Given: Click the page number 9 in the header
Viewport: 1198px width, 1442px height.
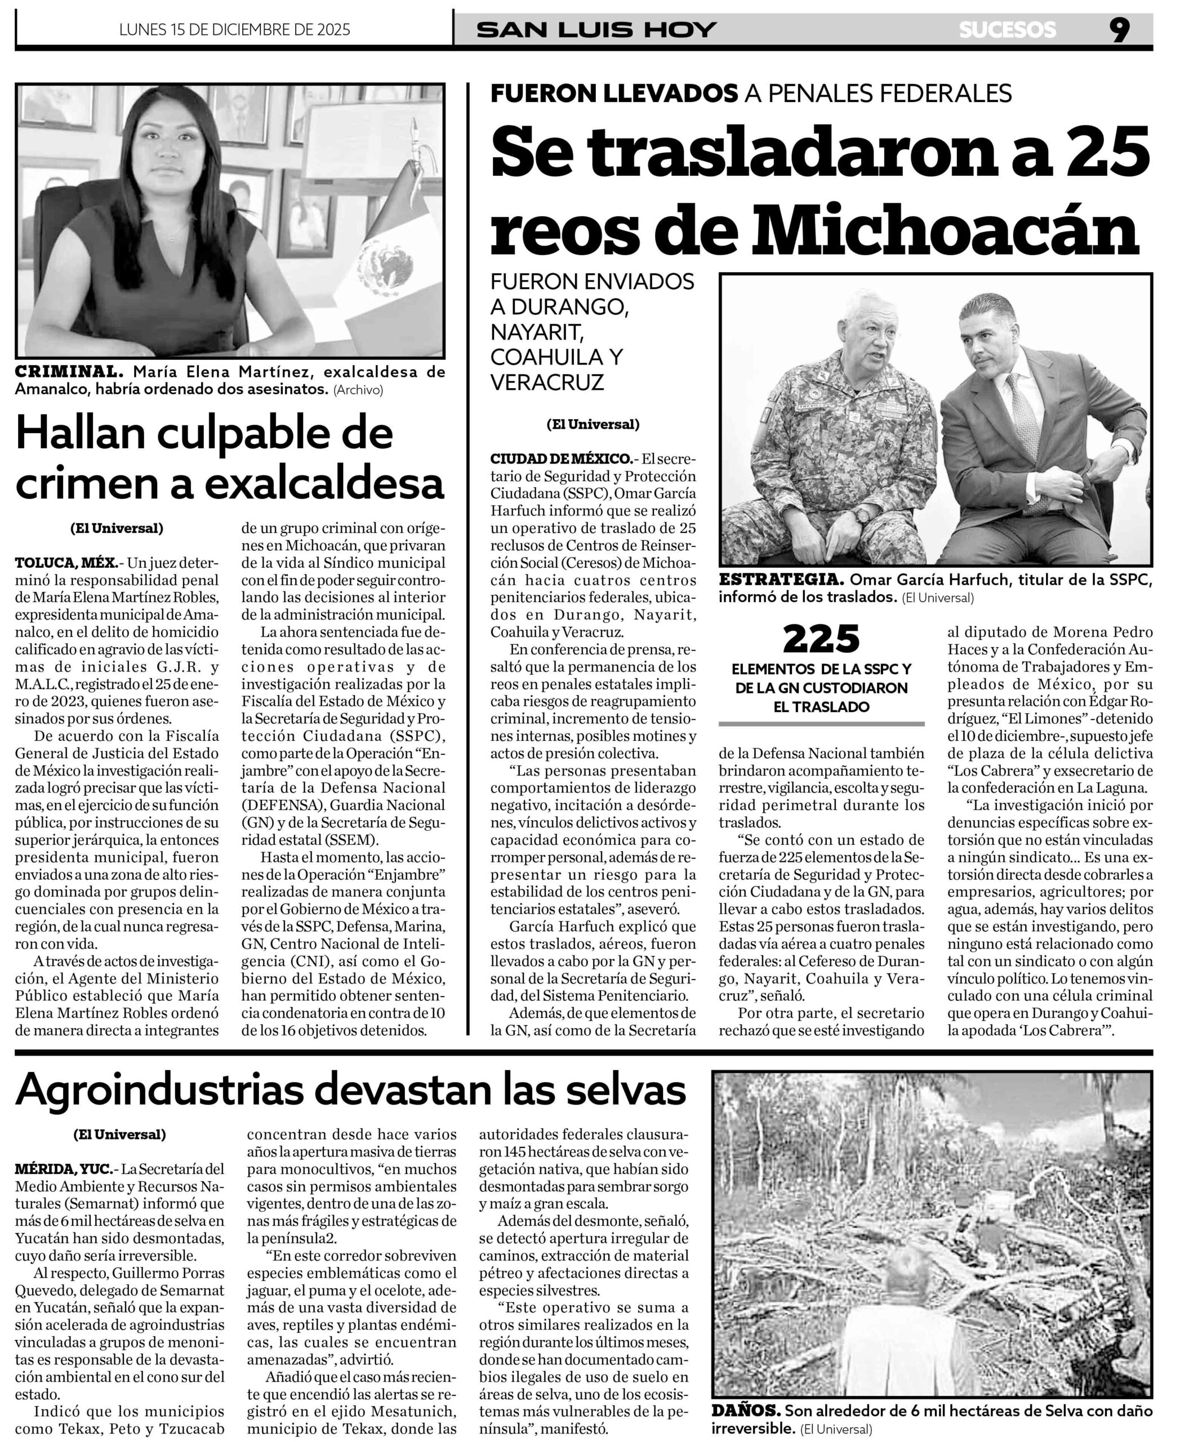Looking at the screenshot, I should point(1119,30).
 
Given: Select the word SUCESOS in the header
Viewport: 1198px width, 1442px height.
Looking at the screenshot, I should point(1007,30).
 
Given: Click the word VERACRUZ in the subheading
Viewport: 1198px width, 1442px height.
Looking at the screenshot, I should point(546,382).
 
